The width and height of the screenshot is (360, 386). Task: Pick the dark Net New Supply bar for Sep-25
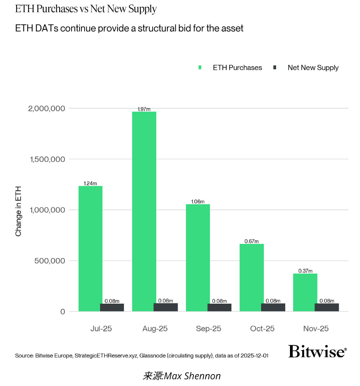point(220,307)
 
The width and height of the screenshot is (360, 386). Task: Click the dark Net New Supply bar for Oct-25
point(273,307)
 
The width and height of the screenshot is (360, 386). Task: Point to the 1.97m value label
point(144,109)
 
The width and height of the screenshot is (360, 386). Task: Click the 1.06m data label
point(198,202)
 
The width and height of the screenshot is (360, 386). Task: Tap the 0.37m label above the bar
point(305,271)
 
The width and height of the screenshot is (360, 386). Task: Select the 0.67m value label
point(252,241)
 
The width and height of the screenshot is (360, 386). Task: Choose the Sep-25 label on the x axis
point(208,329)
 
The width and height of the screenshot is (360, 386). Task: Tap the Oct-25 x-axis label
point(262,329)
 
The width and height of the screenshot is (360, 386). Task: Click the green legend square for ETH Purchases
point(200,68)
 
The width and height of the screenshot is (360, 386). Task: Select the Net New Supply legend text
point(313,68)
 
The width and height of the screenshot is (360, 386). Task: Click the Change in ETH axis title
point(18,211)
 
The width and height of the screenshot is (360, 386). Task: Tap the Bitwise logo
point(317,351)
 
